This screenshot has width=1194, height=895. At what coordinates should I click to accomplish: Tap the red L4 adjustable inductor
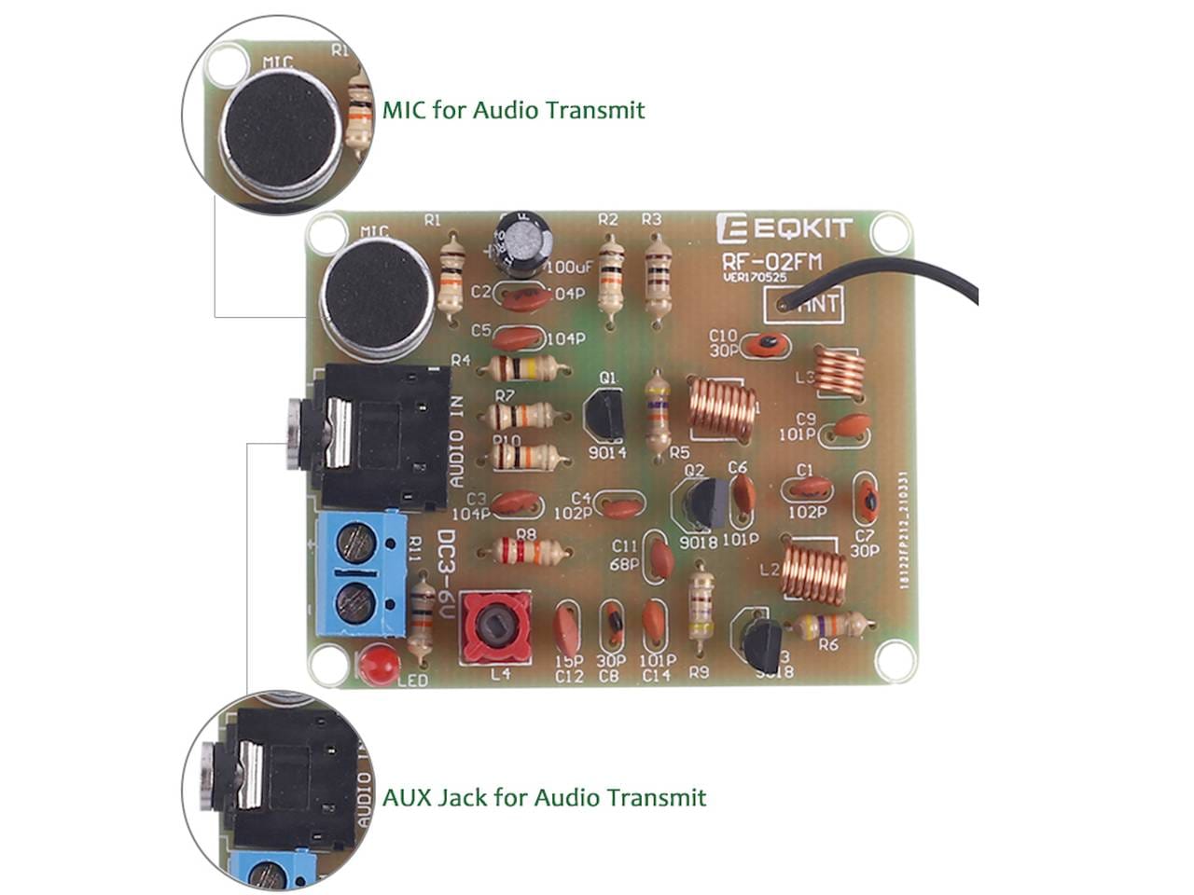coord(495,628)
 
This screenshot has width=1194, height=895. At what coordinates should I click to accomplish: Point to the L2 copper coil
coord(814,570)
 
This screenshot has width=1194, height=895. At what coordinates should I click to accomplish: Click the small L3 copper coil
coord(838,371)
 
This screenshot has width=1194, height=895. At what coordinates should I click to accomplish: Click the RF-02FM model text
coord(770,262)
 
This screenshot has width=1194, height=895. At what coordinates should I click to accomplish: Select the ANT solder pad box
coord(804,304)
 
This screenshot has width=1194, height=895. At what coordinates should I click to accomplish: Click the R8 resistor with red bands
coord(527,552)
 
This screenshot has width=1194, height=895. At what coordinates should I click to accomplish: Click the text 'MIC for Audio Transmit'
coord(513,110)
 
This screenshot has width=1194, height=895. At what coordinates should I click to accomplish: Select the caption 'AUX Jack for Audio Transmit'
coord(544,797)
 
